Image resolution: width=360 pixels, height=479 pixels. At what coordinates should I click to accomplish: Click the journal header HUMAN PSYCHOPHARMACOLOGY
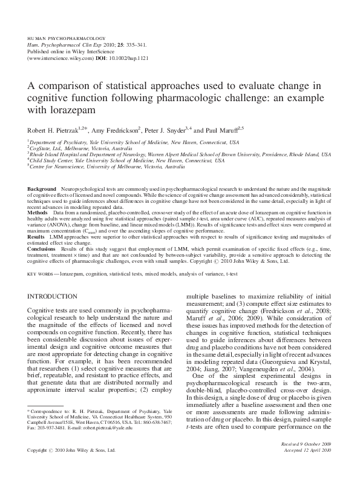[67, 38]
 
